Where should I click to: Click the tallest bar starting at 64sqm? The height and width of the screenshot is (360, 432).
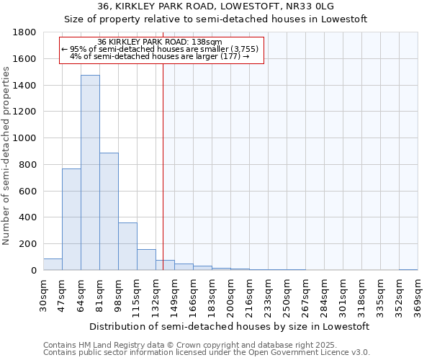point(90,173)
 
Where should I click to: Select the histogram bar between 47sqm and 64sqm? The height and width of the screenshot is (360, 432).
point(71,220)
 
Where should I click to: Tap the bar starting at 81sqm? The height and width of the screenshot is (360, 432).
point(109,212)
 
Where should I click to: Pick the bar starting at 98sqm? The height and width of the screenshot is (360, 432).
point(127,246)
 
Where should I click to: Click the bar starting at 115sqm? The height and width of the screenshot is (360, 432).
point(146,260)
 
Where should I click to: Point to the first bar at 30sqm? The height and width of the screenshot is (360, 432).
point(53,264)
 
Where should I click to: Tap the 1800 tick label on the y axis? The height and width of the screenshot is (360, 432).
point(25,32)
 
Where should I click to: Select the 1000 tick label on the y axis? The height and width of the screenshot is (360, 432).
point(25,138)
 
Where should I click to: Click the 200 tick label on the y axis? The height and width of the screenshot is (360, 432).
point(29,244)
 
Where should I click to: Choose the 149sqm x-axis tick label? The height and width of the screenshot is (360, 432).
point(174,296)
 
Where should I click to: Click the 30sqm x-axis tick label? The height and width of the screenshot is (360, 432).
point(43,294)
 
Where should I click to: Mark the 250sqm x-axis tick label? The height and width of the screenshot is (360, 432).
point(287,296)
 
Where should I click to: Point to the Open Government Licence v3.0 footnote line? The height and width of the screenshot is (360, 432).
point(207,353)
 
